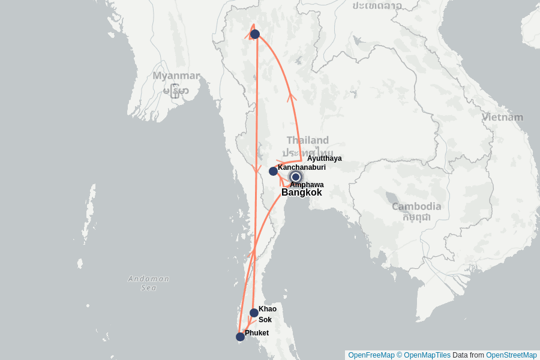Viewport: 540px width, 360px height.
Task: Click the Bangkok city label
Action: tap(301, 193)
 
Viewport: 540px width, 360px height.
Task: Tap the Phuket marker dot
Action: tap(240, 337)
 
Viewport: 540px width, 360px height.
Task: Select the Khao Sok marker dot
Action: tap(254, 313)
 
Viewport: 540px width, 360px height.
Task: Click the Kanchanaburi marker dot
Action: tap(273, 171)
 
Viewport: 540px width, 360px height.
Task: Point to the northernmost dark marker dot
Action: tap(255, 34)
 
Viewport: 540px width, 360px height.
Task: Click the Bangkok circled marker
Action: tap(295, 176)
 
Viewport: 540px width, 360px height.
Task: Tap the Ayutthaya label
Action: tap(324, 158)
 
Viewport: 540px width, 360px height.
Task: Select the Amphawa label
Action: tap(307, 185)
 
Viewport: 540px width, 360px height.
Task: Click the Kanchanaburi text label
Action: tap(301, 167)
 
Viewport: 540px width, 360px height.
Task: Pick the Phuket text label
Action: tap(256, 332)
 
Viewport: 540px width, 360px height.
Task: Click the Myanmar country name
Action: tap(176, 76)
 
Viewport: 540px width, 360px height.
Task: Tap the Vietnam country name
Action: tap(503, 118)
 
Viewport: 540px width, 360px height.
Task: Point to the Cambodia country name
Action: tap(416, 206)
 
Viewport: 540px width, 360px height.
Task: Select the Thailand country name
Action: tap(307, 140)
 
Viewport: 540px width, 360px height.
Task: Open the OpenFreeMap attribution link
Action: tap(371, 355)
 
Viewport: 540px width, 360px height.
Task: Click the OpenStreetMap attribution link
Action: tap(511, 355)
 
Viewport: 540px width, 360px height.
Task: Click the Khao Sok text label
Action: tap(267, 314)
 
